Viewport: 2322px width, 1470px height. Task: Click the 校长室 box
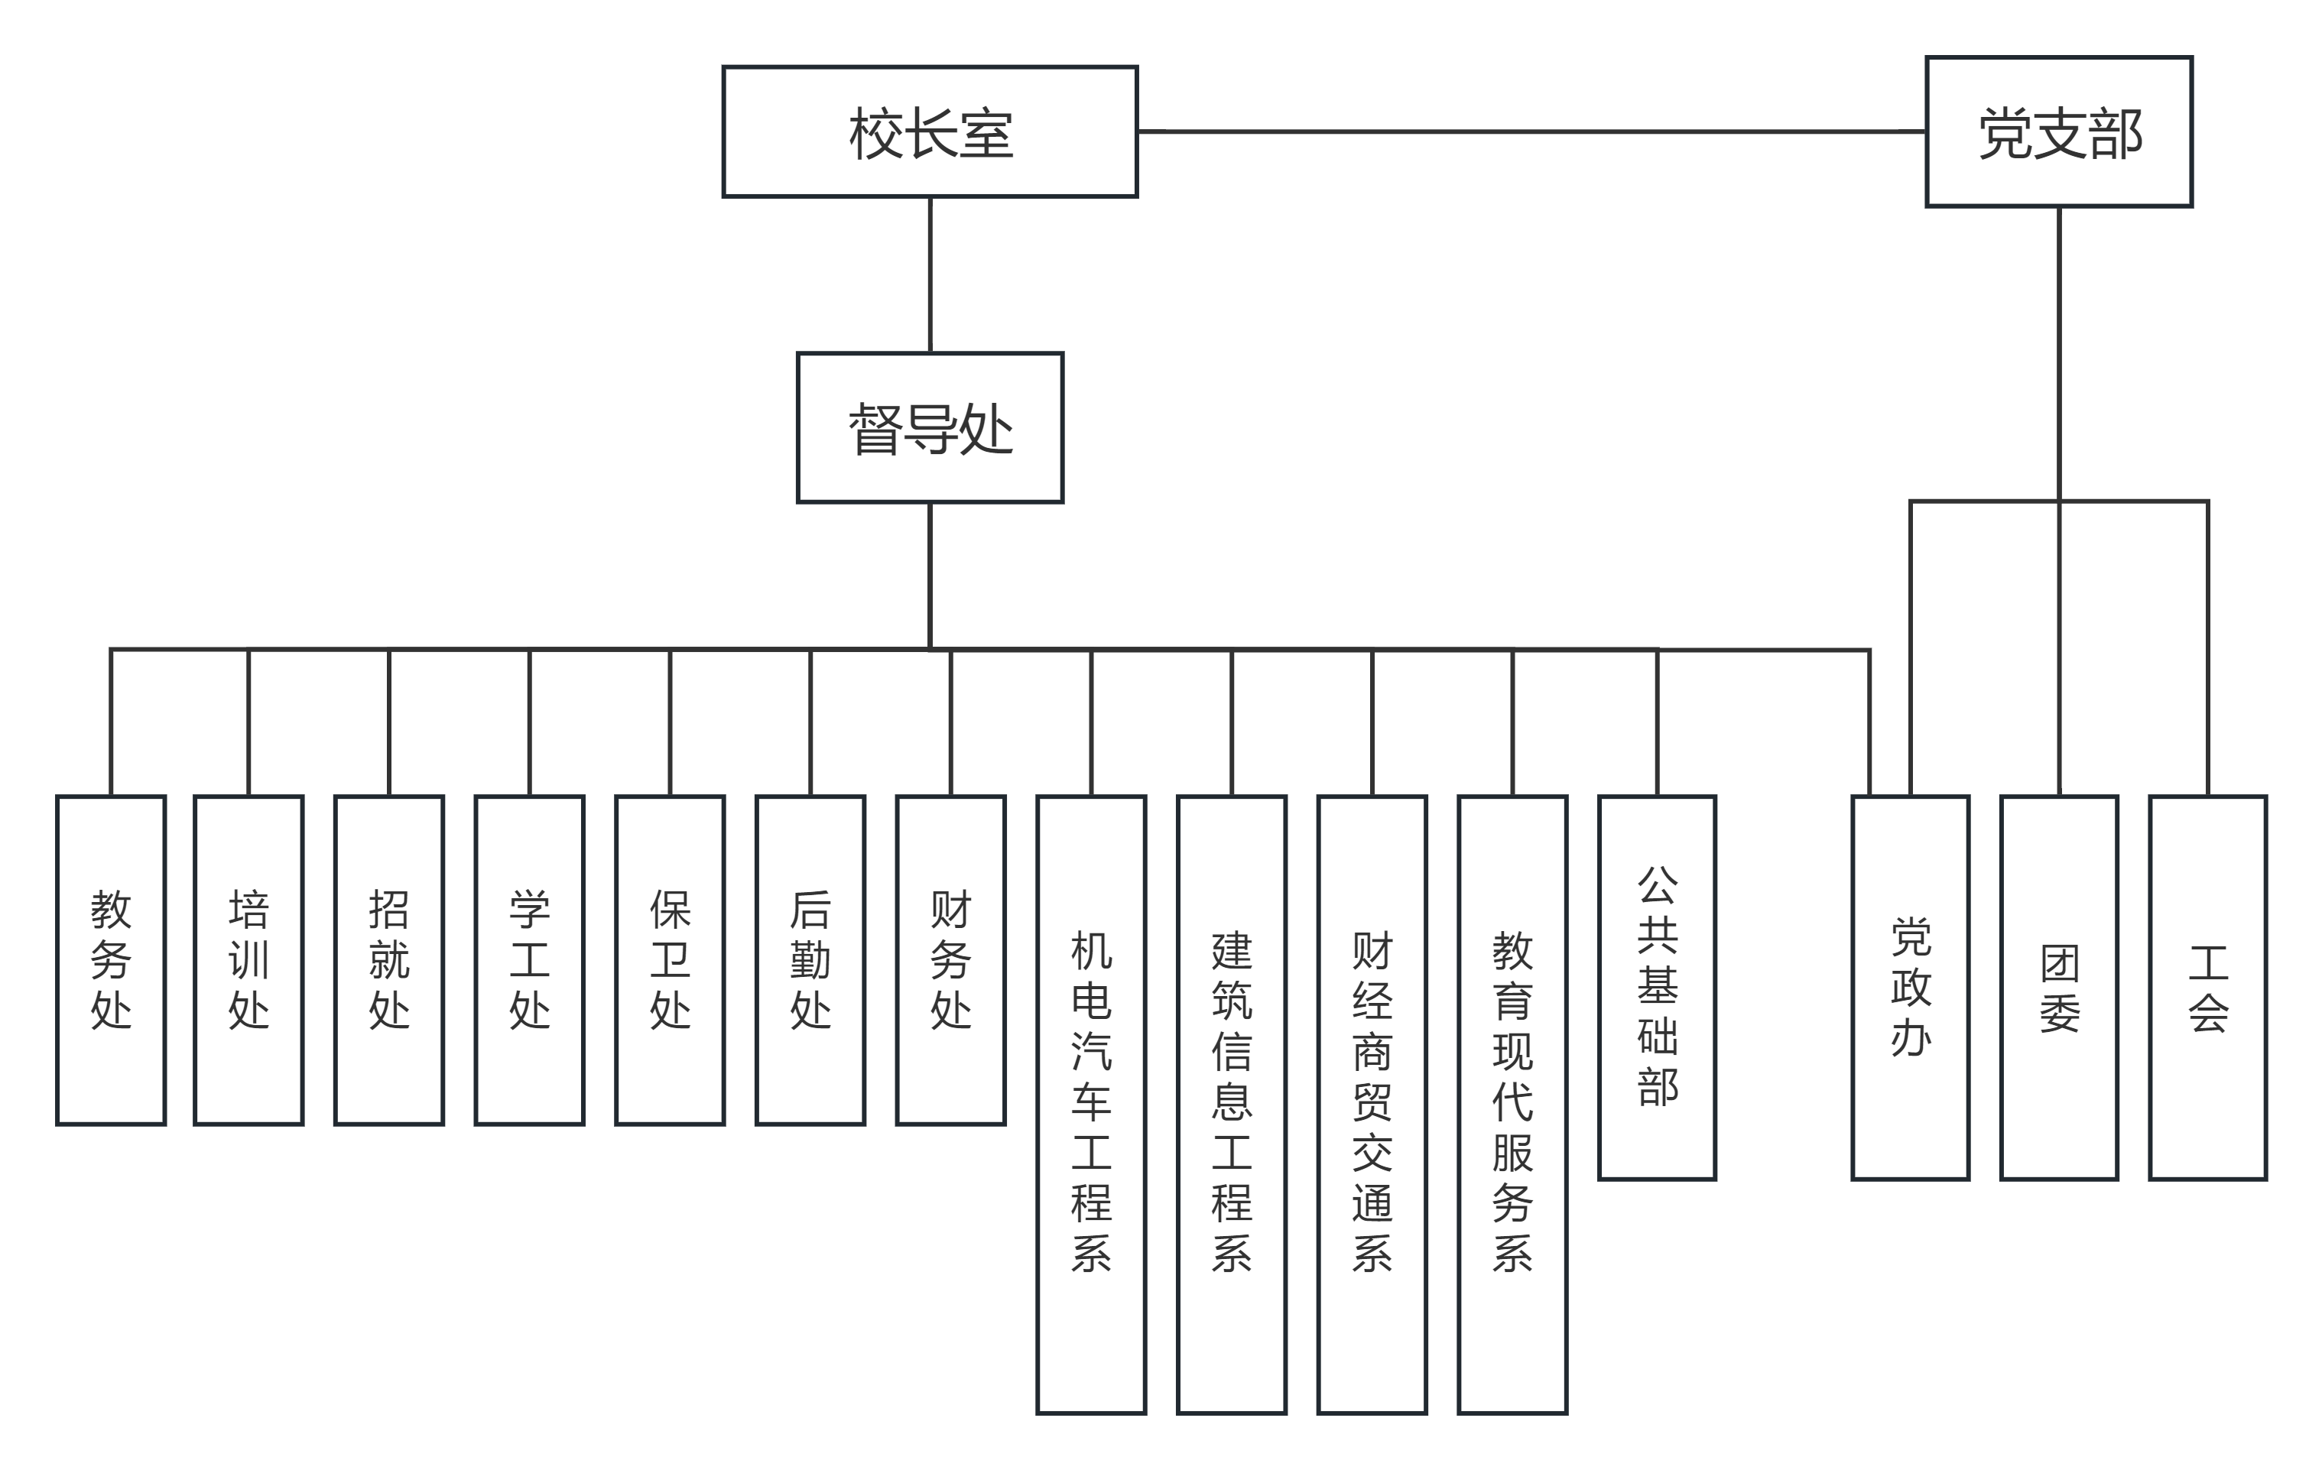pos(930,132)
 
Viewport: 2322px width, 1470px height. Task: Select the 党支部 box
pos(2059,132)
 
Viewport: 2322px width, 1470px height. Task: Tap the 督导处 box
pos(930,428)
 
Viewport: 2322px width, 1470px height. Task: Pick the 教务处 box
pos(111,960)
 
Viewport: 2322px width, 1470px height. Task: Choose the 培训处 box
pos(248,960)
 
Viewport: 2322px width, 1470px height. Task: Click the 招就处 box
pos(388,960)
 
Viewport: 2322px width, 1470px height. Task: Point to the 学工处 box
pos(529,960)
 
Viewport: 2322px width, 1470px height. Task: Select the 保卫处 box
pos(671,960)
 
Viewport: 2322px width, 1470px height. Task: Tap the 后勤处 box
pos(810,960)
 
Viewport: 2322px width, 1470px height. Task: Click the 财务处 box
pos(951,960)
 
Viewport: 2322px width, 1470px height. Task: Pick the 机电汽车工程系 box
pos(1090,1105)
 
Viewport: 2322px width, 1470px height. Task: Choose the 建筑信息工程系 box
pos(1232,1105)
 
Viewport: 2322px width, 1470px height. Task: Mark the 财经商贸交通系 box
pos(1372,1105)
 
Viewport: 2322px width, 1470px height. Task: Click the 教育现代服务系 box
pos(1512,1105)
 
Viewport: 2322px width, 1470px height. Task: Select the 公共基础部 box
pos(1657,987)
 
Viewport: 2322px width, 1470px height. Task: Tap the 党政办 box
pos(1910,987)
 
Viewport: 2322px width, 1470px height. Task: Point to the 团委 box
pos(2059,987)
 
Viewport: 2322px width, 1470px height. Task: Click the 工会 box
pos(2208,987)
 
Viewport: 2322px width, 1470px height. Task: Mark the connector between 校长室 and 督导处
pos(930,274)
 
